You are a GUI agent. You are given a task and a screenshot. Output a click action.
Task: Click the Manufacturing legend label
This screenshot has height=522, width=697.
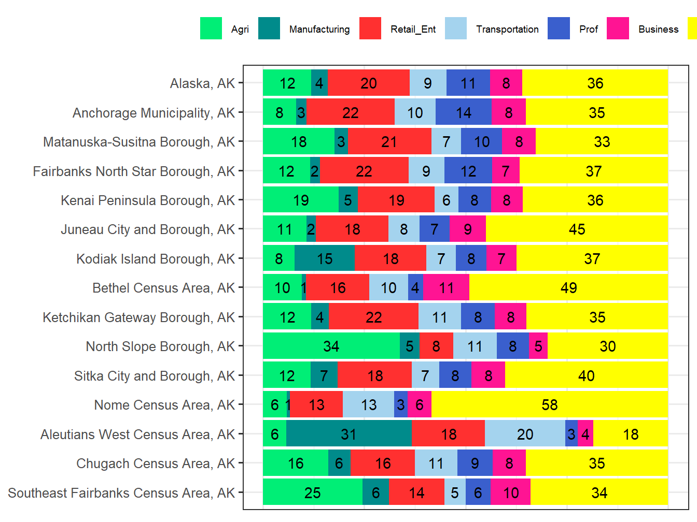(319, 30)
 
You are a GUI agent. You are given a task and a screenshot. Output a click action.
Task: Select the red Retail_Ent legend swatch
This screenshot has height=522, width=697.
(370, 28)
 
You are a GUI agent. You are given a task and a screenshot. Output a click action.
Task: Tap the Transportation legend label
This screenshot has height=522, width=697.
(507, 30)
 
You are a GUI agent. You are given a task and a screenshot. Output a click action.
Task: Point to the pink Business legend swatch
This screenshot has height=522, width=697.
(618, 28)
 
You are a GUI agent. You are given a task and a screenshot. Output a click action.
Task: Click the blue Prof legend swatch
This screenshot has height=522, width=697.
(559, 28)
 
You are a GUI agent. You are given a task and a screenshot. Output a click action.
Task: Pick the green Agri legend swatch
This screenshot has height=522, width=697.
(211, 28)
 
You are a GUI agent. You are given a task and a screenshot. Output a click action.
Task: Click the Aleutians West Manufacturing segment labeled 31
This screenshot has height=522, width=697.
(348, 434)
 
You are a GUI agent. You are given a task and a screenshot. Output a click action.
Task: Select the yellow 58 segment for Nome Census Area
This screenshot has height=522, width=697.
(549, 404)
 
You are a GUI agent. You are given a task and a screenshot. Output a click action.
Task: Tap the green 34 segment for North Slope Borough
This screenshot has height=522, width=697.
(331, 346)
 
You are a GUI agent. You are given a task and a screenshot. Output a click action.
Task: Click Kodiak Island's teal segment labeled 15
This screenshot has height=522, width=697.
(325, 258)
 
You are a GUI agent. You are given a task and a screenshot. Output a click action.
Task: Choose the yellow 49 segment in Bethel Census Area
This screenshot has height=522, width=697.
(568, 287)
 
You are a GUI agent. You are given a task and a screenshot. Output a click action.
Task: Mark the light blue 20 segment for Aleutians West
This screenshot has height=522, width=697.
(525, 434)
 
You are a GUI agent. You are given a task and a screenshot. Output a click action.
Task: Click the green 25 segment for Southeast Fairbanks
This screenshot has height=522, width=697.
(313, 492)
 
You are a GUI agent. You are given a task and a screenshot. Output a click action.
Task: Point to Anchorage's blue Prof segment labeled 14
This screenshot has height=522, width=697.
(463, 112)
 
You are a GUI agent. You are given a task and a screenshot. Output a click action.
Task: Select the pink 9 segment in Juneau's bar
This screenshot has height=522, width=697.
(468, 229)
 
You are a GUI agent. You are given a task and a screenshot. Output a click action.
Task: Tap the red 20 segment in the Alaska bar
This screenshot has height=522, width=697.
(368, 83)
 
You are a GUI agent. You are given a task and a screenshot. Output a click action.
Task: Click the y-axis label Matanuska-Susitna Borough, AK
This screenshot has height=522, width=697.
(139, 142)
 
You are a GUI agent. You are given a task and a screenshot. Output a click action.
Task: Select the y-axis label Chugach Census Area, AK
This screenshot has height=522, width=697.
(156, 463)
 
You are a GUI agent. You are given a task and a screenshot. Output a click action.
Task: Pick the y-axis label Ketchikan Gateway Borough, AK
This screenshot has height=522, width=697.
(138, 317)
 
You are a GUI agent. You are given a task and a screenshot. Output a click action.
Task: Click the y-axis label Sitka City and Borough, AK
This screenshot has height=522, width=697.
(155, 376)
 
